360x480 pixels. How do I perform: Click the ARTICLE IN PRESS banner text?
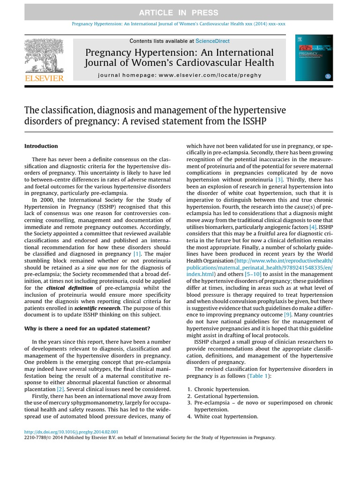pyautogui.click(x=180, y=12)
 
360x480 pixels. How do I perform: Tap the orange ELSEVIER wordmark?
pyautogui.click(x=44, y=78)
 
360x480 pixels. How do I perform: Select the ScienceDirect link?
pyautogui.click(x=212, y=41)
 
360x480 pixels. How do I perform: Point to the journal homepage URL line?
pyautogui.click(x=180, y=75)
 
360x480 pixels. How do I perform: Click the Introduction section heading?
pyautogui.click(x=41, y=146)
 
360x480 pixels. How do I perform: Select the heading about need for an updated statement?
pyautogui.click(x=87, y=329)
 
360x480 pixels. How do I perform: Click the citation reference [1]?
pyautogui.click(x=137, y=254)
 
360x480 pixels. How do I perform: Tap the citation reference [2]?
pyautogui.click(x=60, y=389)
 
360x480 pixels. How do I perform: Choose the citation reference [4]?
pyautogui.click(x=313, y=227)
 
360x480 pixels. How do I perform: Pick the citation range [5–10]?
pyautogui.click(x=253, y=274)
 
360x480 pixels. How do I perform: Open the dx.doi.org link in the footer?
pyautogui.click(x=71, y=432)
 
